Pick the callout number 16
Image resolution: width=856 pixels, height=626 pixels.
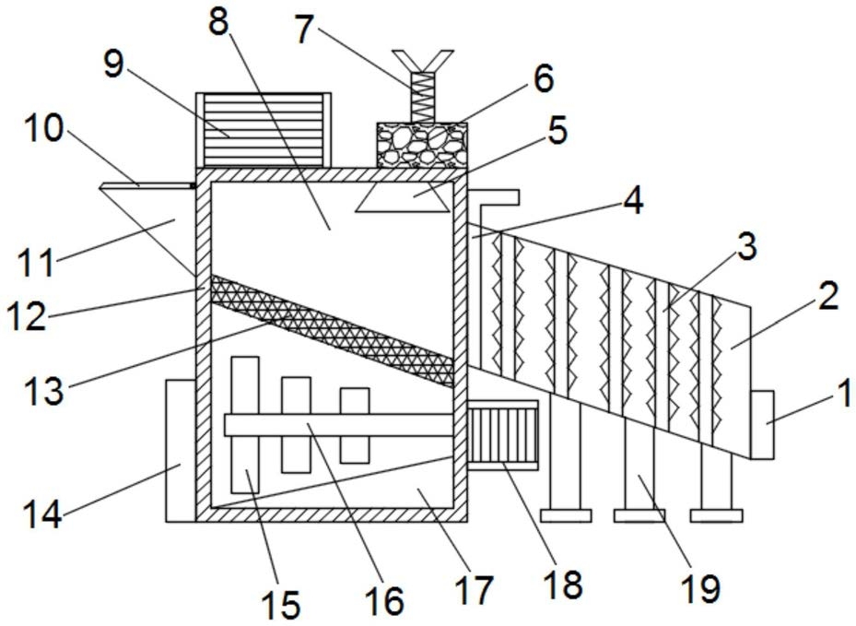click(x=383, y=599)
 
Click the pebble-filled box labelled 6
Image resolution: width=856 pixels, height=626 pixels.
click(x=421, y=144)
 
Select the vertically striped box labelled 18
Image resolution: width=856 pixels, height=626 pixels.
click(x=503, y=433)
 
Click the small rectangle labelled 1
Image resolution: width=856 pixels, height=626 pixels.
click(x=761, y=424)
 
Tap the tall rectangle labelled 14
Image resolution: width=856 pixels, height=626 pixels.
click(x=180, y=449)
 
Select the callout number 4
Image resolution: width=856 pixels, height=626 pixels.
click(x=632, y=200)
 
